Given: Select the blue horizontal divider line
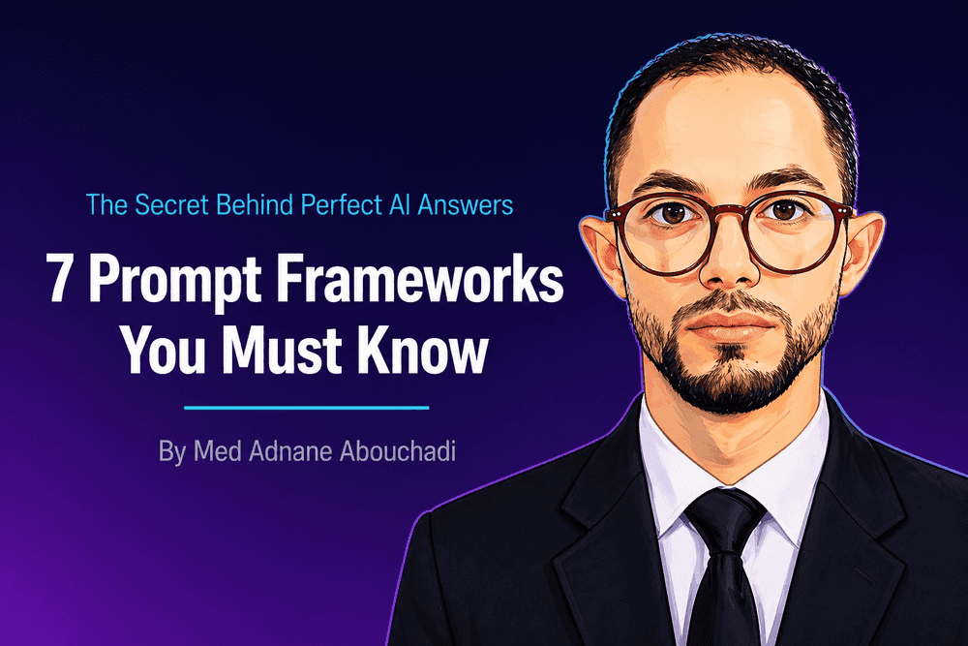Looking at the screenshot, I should tap(306, 408).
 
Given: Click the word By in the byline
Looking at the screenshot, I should tap(170, 452).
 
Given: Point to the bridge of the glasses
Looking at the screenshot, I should tap(731, 212).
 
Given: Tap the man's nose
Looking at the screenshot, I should tap(731, 266).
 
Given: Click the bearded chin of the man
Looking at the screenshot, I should tap(729, 383).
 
